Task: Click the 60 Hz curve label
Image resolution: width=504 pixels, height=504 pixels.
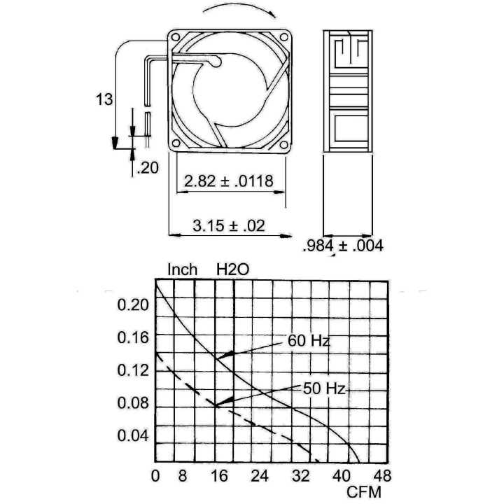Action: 309,341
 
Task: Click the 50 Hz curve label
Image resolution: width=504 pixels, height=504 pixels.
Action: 324,388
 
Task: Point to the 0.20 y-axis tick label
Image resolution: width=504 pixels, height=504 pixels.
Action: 133,304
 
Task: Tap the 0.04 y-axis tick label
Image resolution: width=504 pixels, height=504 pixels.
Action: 133,435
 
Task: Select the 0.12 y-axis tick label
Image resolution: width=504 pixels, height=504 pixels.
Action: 133,370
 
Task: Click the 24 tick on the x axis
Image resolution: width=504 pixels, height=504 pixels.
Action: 260,476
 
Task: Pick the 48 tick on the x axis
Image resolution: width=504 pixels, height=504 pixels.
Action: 382,476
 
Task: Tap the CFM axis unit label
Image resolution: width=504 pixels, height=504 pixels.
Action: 364,492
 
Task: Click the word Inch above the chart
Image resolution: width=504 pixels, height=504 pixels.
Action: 182,269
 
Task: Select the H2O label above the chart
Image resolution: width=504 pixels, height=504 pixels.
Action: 232,269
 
